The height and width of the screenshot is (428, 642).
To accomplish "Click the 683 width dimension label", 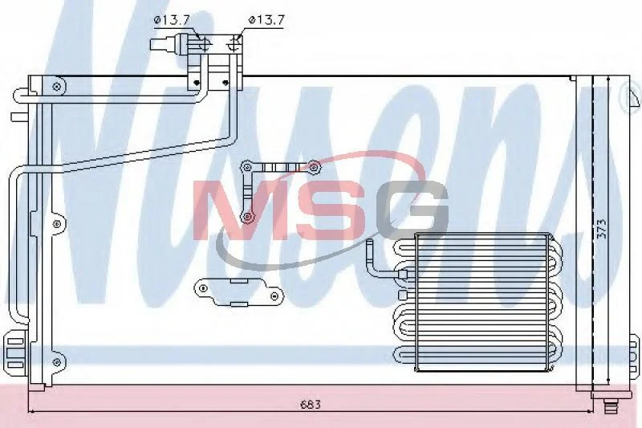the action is pos(311,405).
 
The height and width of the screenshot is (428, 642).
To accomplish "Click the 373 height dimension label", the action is pos(601,230).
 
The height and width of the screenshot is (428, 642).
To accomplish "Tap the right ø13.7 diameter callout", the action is pos(266,20).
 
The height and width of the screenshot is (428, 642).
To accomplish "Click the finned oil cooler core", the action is pos(482,303).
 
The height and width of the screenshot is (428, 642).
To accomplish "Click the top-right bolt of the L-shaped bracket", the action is pos(314,167).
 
